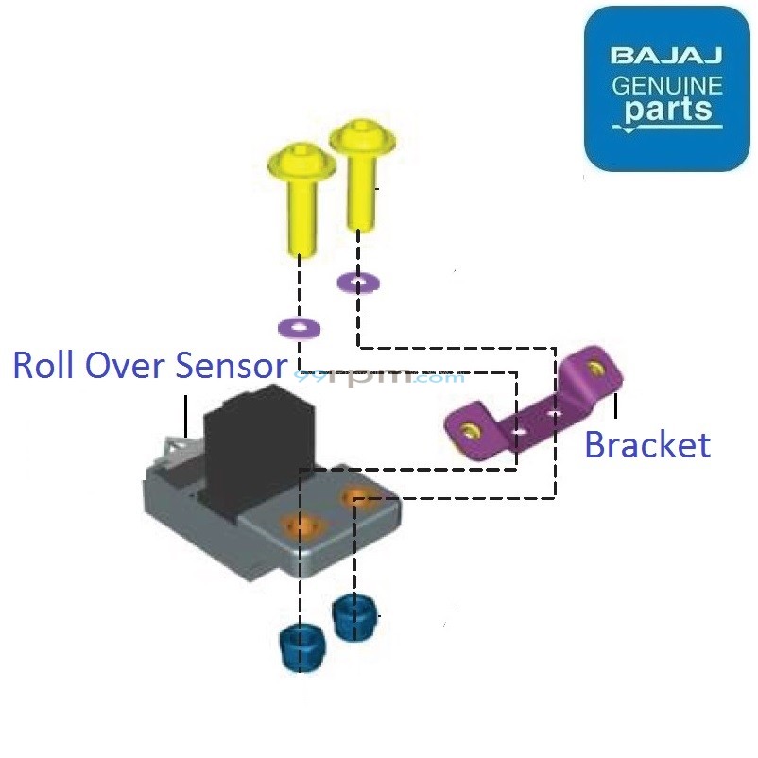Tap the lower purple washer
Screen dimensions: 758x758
click(x=299, y=328)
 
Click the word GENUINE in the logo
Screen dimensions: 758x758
click(x=667, y=85)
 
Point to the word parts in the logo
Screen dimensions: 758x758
click(x=667, y=111)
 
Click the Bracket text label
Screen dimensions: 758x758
click(x=647, y=444)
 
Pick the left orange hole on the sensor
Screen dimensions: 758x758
click(x=301, y=524)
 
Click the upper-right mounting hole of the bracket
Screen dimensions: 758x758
click(x=594, y=366)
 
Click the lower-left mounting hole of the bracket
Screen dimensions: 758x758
click(x=467, y=433)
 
